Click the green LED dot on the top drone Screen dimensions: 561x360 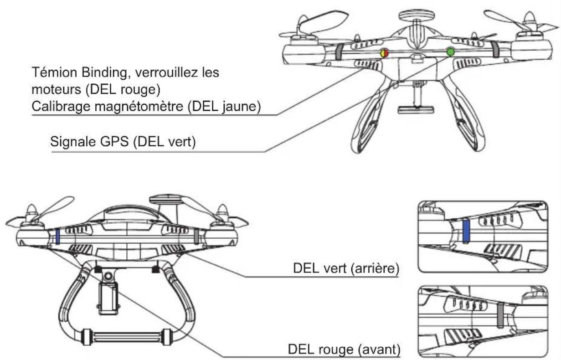pos(450,52)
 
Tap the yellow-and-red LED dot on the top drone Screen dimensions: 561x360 pos(385,53)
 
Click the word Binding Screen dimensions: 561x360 pos(105,73)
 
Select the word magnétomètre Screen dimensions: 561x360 pos(139,106)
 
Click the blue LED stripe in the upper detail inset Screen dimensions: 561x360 pos(466,231)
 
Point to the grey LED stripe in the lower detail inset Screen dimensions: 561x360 pos(500,315)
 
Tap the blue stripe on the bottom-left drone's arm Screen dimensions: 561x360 pos(57,237)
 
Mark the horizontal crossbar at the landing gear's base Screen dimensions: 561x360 pos(127,337)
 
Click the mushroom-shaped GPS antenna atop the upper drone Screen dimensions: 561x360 pos(417,15)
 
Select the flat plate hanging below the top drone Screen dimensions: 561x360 pos(416,110)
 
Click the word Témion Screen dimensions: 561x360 pos(55,72)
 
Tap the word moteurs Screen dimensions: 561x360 pos(57,90)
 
